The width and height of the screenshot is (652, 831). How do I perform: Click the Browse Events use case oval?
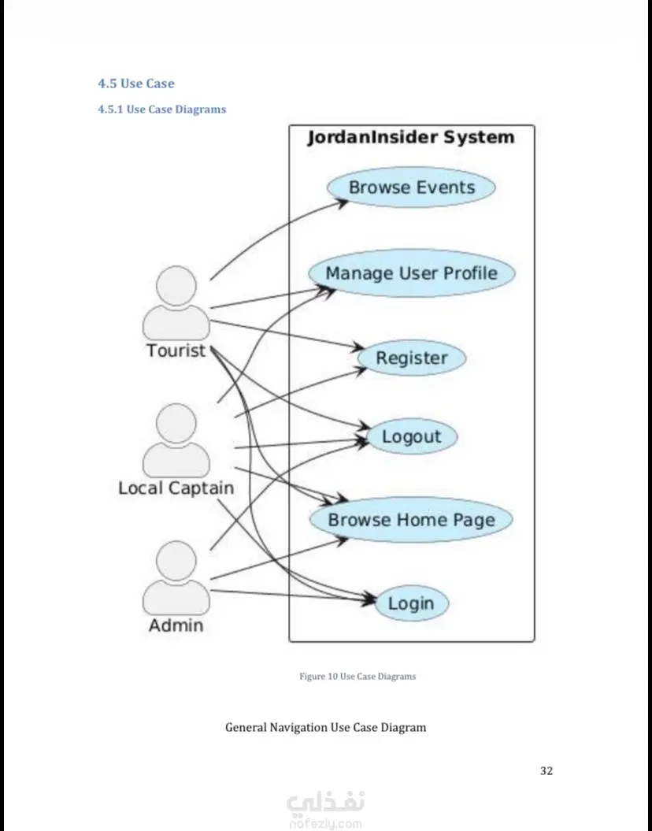pos(411,187)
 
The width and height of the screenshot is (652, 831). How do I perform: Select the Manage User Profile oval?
pos(412,273)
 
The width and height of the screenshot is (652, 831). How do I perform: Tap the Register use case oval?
pos(412,358)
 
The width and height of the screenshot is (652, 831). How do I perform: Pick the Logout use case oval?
pos(412,436)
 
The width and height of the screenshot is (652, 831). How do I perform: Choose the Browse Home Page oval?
pos(411,519)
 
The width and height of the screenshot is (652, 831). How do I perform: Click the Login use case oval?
pos(412,603)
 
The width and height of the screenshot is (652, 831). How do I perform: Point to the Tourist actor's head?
pos(176,286)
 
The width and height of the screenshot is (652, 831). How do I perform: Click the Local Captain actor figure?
pos(176,440)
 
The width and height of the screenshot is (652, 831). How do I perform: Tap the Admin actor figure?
pos(176,578)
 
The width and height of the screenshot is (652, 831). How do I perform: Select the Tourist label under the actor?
pos(176,351)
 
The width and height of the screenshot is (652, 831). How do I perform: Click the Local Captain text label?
pos(176,488)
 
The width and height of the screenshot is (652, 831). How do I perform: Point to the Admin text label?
pos(176,625)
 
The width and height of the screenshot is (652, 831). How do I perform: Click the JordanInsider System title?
pos(411,137)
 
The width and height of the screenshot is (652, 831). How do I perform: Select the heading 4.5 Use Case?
pos(136,83)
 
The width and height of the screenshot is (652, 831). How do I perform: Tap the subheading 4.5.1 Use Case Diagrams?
pos(162,109)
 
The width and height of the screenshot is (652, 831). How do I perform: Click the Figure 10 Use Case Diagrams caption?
pos(357,677)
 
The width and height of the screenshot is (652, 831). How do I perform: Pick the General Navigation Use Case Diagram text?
pos(326,727)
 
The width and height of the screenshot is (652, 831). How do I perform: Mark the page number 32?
pos(546,771)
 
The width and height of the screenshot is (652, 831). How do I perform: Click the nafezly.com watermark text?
pos(326,824)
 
